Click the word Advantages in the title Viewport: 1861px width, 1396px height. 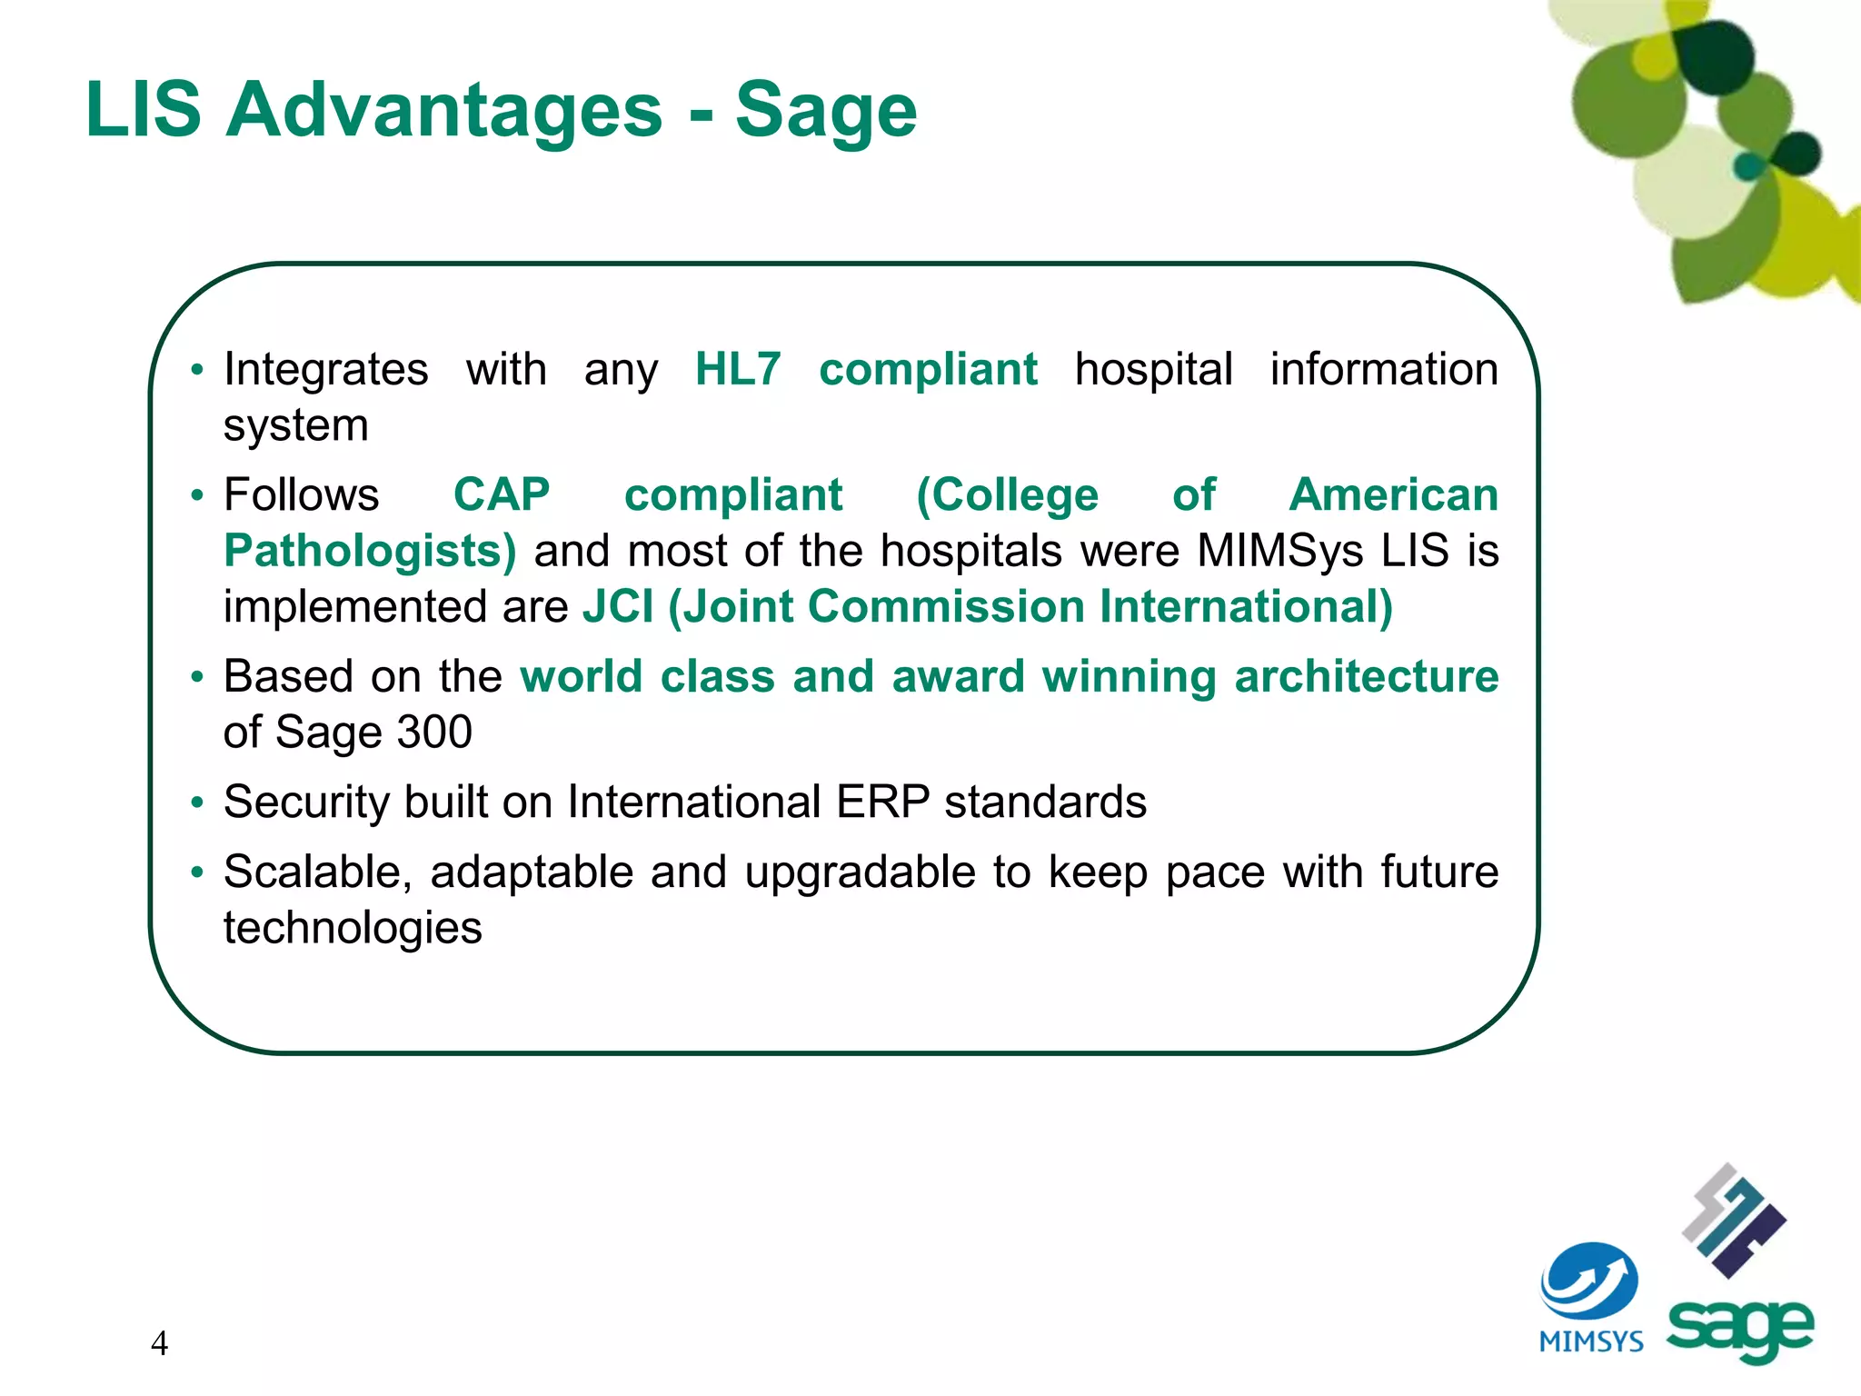pos(443,110)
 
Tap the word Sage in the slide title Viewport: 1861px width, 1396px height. pos(825,112)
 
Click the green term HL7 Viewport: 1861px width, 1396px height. pos(738,370)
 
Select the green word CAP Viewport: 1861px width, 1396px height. pos(502,495)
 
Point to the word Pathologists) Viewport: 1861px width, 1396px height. pos(370,552)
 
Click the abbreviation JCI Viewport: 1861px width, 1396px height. pos(618,607)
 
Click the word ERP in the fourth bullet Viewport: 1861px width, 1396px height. pos(882,803)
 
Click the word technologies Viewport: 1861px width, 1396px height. pos(353,929)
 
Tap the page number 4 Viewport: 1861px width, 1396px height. pos(159,1343)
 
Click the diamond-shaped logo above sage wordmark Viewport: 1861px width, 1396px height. pos(1734,1221)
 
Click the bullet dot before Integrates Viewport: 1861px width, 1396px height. pos(197,371)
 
